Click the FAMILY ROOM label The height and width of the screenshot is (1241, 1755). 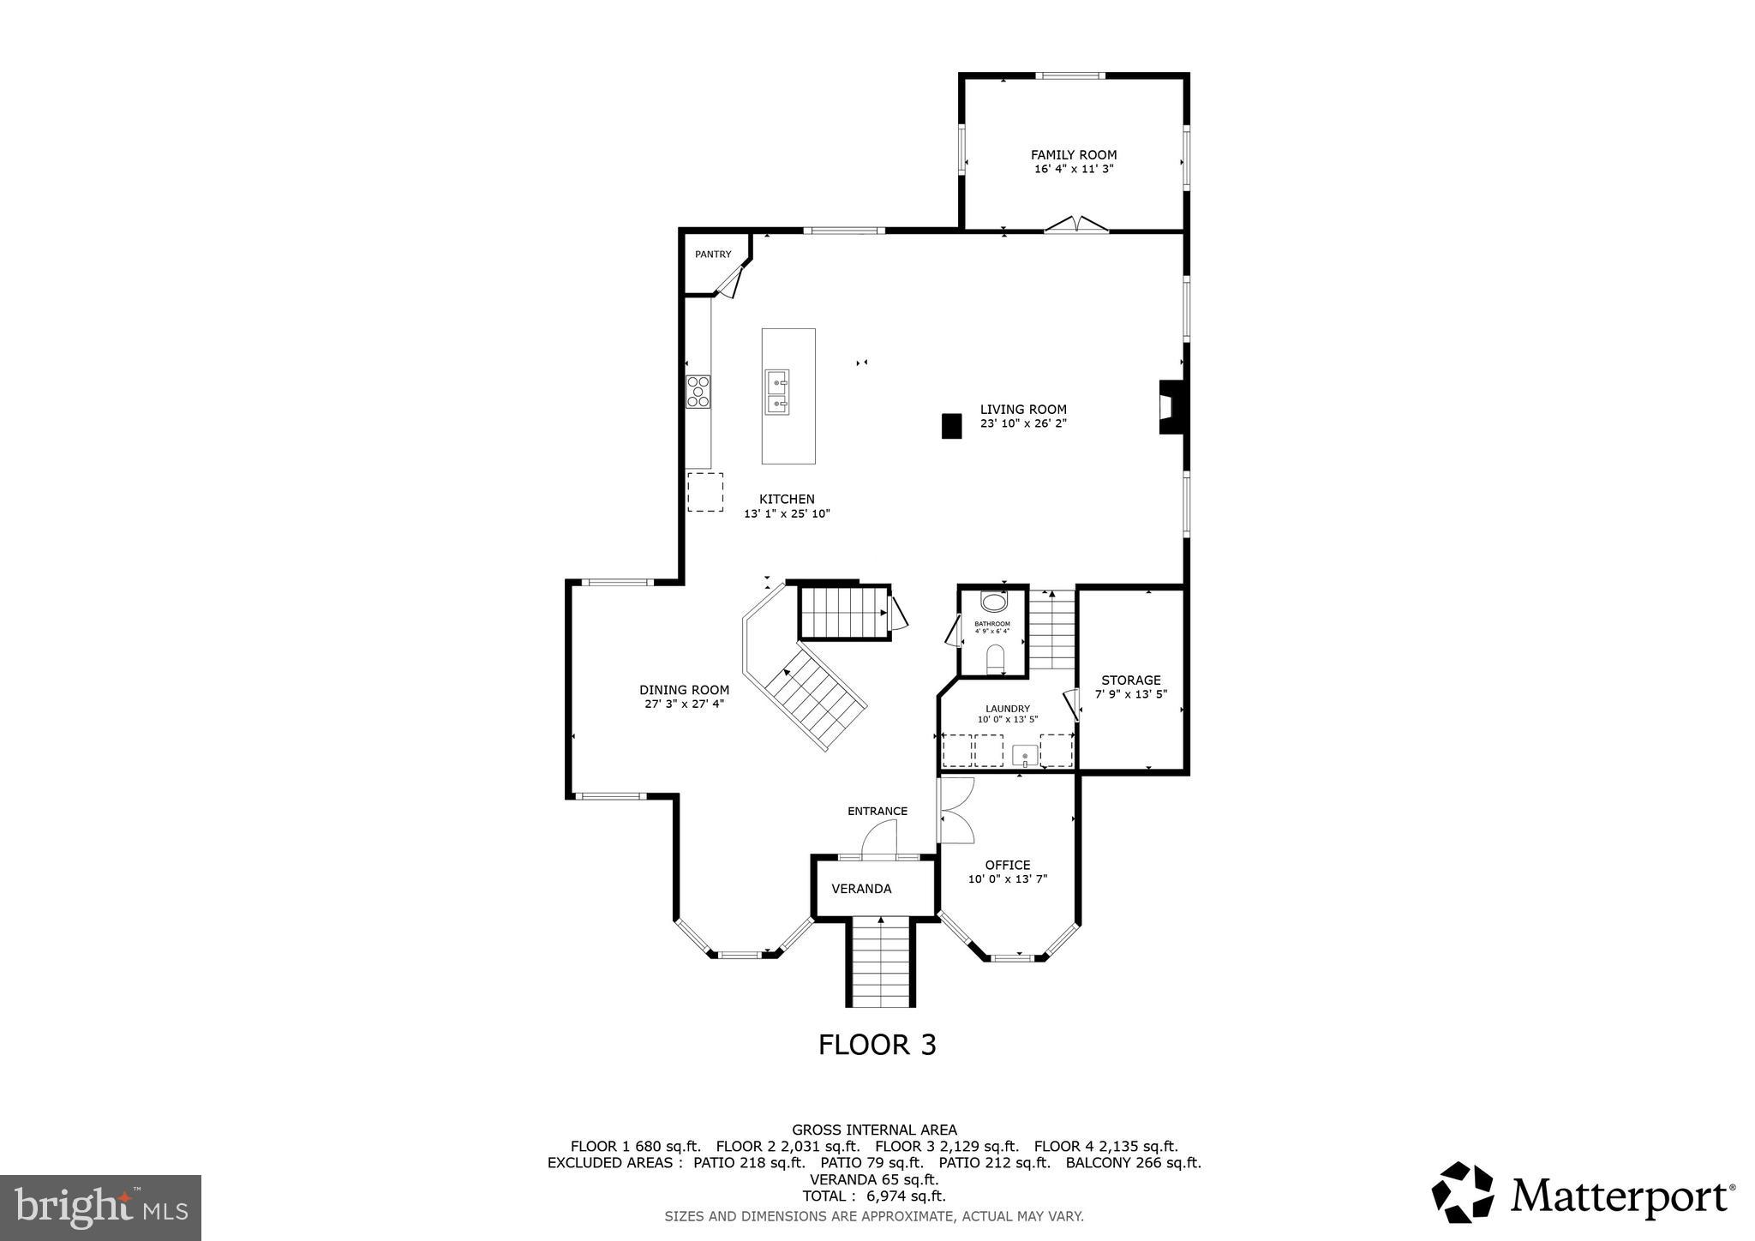coord(1073,155)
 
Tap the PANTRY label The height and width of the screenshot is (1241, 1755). coord(713,255)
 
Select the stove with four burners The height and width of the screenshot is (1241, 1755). coord(698,392)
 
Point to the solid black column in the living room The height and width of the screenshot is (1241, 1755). coord(951,426)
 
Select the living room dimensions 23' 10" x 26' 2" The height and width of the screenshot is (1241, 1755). coord(1023,423)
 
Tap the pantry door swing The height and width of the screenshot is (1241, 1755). coord(728,283)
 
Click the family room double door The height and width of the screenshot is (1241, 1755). coord(1075,225)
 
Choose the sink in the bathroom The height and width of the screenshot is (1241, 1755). coord(994,602)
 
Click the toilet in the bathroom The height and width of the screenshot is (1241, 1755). coord(995,660)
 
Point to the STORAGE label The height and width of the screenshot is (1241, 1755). coord(1130,680)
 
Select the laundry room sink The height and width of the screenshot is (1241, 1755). coord(1025,756)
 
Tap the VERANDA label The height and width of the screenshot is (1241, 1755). coord(861,889)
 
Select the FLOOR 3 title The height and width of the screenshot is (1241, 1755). coord(877,1045)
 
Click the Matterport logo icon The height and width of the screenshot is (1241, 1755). coord(1462,1192)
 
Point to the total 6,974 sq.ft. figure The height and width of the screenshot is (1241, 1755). coord(873,1196)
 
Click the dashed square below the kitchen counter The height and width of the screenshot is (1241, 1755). coord(704,492)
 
